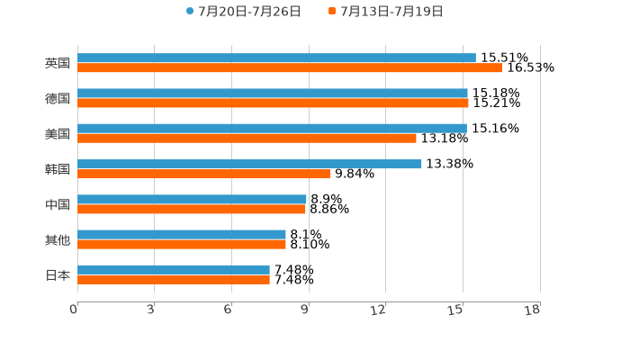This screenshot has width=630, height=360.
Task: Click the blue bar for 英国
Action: [x=276, y=58]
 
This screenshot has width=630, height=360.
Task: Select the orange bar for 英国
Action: [x=290, y=68]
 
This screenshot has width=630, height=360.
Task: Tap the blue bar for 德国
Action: [x=273, y=94]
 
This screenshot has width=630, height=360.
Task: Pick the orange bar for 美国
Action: [x=247, y=139]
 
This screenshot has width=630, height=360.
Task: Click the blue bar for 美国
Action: [x=272, y=129]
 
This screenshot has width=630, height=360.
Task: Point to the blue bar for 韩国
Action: [x=249, y=164]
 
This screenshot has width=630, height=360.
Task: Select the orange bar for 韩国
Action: [x=203, y=174]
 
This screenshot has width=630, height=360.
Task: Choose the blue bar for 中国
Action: [x=192, y=200]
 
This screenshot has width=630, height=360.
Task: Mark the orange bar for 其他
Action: [x=182, y=245]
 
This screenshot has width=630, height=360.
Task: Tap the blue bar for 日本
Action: [x=174, y=270]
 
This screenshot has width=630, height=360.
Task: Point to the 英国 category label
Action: [x=58, y=64]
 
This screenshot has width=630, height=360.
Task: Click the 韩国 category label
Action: [x=58, y=169]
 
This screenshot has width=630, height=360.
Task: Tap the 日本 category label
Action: [x=58, y=275]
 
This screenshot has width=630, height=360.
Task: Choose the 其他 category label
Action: [x=58, y=240]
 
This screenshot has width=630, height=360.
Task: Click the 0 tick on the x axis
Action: [x=74, y=310]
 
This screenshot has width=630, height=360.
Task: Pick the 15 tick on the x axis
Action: [x=456, y=310]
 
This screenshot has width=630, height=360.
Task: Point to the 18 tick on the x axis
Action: [x=533, y=310]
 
